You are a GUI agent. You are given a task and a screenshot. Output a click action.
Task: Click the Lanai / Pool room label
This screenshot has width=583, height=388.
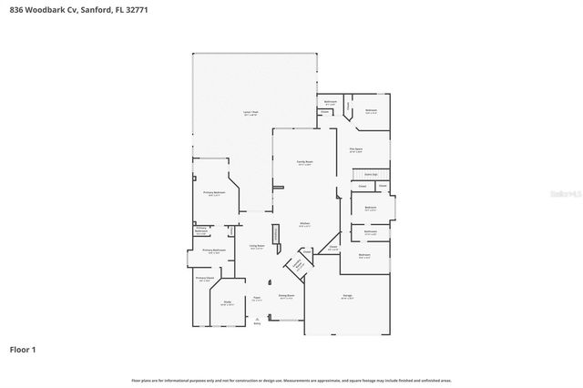tap(250, 111)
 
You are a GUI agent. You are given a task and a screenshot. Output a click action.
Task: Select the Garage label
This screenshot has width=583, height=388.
tap(347, 297)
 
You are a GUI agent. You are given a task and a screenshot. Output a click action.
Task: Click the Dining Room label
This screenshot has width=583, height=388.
tap(286, 296)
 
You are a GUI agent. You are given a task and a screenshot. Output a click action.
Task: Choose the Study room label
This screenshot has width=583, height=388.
tap(228, 303)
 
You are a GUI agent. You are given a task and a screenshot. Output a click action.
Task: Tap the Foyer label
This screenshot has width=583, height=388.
tap(257, 297)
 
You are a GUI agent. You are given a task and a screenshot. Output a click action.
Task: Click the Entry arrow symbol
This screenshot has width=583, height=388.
tap(257, 318)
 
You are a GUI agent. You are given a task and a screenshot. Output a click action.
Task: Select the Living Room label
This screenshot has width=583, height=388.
tap(257, 245)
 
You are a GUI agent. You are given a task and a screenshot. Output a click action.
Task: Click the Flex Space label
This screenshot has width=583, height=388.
tap(356, 149)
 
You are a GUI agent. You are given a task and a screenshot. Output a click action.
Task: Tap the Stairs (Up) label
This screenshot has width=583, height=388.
tap(371, 173)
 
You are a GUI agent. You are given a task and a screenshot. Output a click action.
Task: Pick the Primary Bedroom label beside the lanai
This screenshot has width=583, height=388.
tap(211, 193)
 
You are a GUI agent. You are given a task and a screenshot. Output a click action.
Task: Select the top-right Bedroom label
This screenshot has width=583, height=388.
tap(371, 111)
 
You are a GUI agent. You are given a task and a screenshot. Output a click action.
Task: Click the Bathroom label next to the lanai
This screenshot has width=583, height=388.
tap(331, 101)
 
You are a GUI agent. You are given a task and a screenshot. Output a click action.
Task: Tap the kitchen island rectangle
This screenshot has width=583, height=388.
tap(274, 235)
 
